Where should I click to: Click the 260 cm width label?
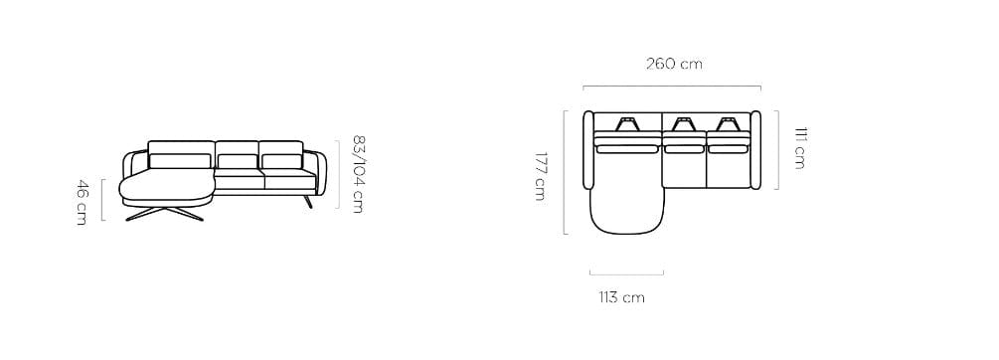pos(674,64)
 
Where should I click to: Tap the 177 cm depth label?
pos(540,175)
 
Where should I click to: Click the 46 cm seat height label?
pos(82,201)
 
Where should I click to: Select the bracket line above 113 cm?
pos(626,272)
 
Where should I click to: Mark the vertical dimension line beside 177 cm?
pos(565,172)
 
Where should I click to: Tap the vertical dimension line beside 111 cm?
pos(776,149)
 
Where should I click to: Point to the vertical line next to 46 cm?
pos(102,201)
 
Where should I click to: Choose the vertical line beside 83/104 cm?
pos(339,174)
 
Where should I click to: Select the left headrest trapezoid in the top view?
pos(628,124)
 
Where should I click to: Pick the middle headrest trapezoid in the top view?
pos(683,124)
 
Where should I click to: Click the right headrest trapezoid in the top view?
pos(727,124)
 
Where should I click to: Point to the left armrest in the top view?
pos(587,148)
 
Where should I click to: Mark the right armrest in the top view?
pos(757,148)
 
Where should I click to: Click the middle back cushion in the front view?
pos(237,162)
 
